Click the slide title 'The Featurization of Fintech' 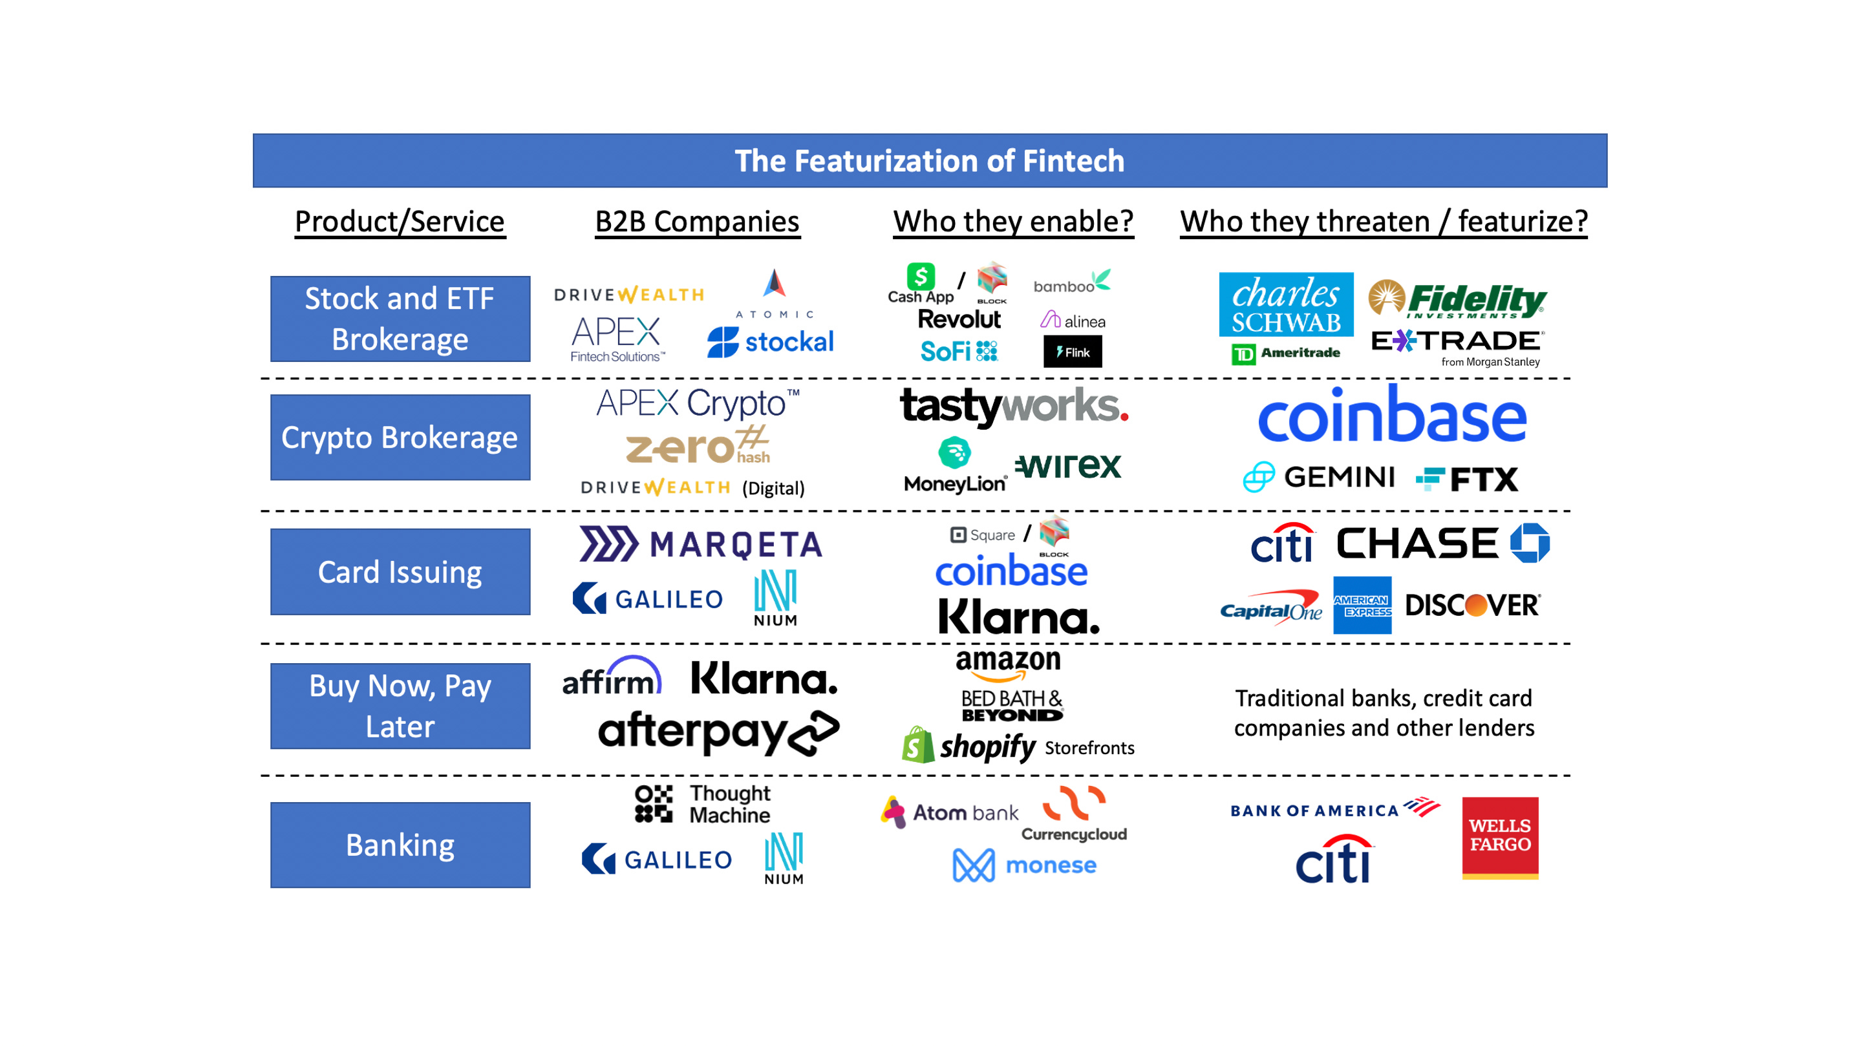930,160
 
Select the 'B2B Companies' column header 697,221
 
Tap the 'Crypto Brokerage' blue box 400,437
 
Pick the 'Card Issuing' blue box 400,571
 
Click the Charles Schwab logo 1286,304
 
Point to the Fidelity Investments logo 1457,299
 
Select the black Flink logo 1073,352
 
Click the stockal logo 771,342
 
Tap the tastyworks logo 1013,406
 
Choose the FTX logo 1468,479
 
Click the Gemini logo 1319,477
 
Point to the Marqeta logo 701,544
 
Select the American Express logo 1362,606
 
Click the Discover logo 1472,606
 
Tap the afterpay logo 718,733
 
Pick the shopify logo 969,746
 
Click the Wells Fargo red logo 1500,838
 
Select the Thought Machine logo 703,803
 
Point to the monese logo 1025,865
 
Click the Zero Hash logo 698,446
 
